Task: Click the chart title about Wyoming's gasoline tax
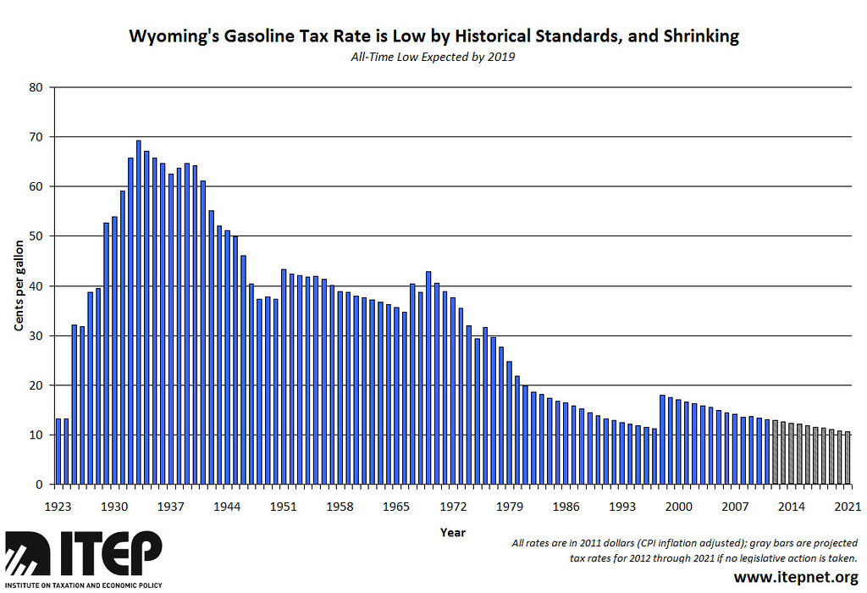pyautogui.click(x=433, y=36)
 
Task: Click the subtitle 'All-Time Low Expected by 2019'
pyautogui.click(x=433, y=57)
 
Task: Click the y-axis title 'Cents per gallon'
pyautogui.click(x=18, y=285)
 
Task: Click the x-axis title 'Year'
pyautogui.click(x=452, y=533)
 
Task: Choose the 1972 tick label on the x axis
pyautogui.click(x=453, y=507)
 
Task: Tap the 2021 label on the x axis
pyautogui.click(x=848, y=507)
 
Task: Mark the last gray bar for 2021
pyautogui.click(x=848, y=457)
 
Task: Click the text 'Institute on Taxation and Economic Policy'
pyautogui.click(x=82, y=585)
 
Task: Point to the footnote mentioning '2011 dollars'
pyautogui.click(x=686, y=543)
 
